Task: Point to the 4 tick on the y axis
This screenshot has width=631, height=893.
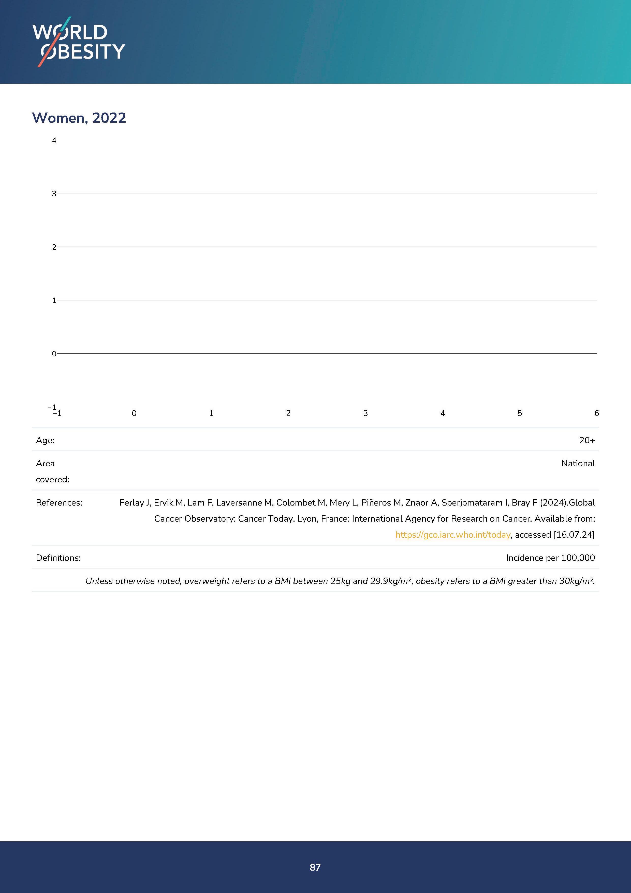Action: pyautogui.click(x=54, y=141)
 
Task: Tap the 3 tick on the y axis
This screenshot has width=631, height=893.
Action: pyautogui.click(x=54, y=194)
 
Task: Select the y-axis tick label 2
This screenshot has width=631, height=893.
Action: pyautogui.click(x=54, y=247)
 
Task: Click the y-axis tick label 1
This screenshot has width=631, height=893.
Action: pyautogui.click(x=54, y=300)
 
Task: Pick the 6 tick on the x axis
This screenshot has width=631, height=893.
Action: pyautogui.click(x=596, y=413)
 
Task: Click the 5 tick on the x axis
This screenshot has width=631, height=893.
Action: pyautogui.click(x=520, y=413)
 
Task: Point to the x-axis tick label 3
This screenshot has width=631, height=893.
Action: pyautogui.click(x=365, y=413)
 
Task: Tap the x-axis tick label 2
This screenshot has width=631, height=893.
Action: pyautogui.click(x=288, y=413)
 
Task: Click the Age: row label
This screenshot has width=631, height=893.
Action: pyautogui.click(x=45, y=440)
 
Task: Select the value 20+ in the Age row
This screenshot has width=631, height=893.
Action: pyautogui.click(x=587, y=440)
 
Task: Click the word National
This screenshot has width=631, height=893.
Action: pyautogui.click(x=578, y=463)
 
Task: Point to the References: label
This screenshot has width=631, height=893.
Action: pyautogui.click(x=59, y=503)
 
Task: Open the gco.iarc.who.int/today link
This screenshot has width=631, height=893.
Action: pyautogui.click(x=453, y=535)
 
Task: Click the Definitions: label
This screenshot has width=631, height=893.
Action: pyautogui.click(x=58, y=558)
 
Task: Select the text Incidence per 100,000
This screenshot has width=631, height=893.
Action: pyautogui.click(x=550, y=558)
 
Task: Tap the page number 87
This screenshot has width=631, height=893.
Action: pyautogui.click(x=315, y=867)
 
